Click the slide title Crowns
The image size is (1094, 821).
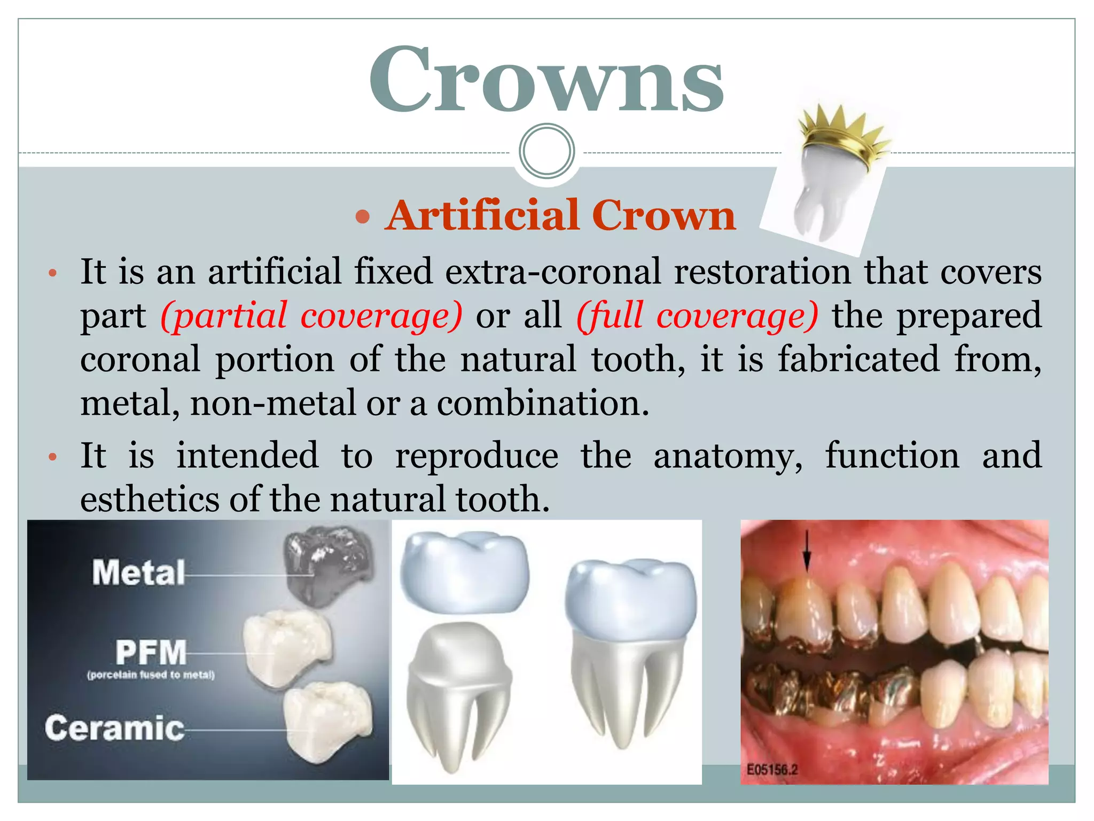546,80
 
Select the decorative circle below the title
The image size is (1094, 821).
546,151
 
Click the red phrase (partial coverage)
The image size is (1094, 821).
311,315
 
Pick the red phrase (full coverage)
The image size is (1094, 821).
697,315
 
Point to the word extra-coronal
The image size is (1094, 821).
553,272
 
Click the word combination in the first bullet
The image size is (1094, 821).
543,403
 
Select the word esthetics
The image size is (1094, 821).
150,499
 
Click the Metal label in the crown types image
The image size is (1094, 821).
138,573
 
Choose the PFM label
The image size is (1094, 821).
151,652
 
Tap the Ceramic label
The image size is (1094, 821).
114,729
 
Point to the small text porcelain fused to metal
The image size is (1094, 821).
151,675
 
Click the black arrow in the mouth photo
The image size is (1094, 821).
807,551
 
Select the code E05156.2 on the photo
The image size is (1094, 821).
771,770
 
